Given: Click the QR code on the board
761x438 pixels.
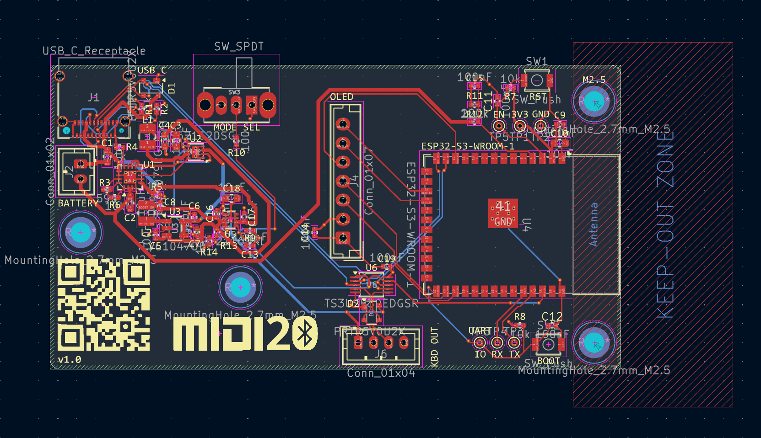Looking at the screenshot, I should [x=103, y=306].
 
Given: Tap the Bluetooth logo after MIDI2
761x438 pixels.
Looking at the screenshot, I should [x=305, y=334].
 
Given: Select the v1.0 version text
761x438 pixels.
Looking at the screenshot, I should [x=70, y=360].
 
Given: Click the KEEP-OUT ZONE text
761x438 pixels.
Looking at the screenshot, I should [x=666, y=224].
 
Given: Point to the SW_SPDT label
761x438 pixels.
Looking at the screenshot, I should [x=239, y=47].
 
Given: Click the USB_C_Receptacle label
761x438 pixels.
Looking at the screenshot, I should [x=94, y=51].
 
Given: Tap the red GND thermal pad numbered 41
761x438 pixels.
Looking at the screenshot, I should [x=503, y=213].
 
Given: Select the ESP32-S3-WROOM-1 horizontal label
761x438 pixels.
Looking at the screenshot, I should [x=467, y=146].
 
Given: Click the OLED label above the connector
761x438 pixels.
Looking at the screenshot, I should [x=341, y=97].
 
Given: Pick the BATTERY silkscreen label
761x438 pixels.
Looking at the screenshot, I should [x=78, y=203].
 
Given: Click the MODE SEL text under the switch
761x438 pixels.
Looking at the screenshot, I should [x=237, y=128].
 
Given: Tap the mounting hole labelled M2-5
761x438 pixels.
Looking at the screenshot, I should [x=594, y=101].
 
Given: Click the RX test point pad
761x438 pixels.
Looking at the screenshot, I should [x=497, y=342].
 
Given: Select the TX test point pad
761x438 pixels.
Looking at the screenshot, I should [x=514, y=342].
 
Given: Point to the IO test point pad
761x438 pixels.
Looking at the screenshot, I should [x=480, y=342].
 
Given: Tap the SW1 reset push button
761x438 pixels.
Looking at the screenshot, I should [x=537, y=81].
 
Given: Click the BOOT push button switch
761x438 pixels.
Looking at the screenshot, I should [x=548, y=345].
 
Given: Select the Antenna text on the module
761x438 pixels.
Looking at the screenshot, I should [x=594, y=224].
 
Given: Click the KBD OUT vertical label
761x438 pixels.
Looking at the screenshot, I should [x=434, y=347].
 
